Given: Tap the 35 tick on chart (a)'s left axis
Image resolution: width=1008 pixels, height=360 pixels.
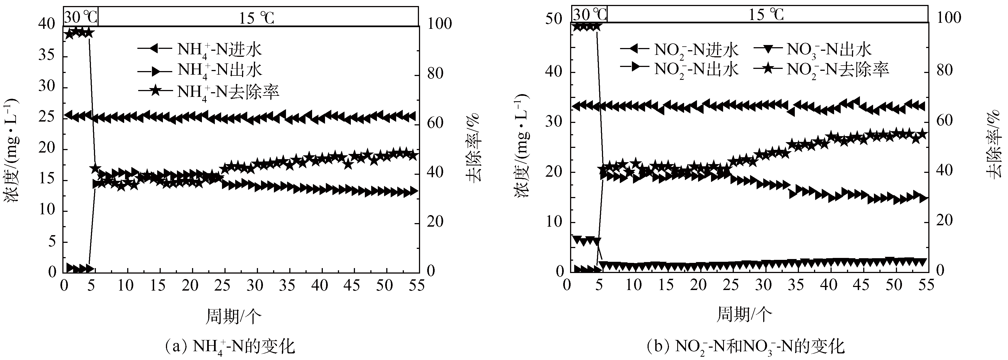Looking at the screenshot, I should tap(48, 55).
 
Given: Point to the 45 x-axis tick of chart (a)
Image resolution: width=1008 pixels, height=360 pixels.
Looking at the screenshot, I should tap(352, 286).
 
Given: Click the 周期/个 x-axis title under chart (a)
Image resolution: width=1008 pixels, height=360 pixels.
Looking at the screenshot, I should tap(234, 316).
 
